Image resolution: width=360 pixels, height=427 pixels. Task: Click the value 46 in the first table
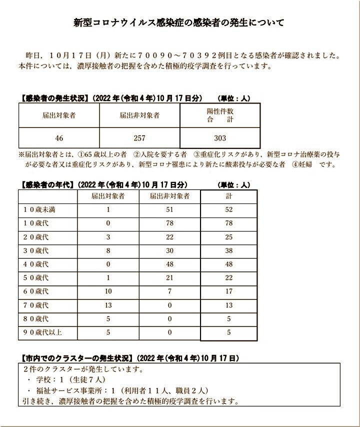(x=59, y=138)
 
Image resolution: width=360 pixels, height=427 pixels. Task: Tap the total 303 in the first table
(x=220, y=138)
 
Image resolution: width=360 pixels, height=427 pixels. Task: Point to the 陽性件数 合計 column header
(x=220, y=115)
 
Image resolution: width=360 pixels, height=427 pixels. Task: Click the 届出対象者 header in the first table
(x=59, y=115)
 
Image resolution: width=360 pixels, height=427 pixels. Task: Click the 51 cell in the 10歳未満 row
(x=169, y=210)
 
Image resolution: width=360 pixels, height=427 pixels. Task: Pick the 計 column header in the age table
(x=228, y=196)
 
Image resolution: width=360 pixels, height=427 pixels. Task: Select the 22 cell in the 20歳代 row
(x=169, y=237)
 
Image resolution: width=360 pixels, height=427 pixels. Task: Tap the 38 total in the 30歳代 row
(x=228, y=250)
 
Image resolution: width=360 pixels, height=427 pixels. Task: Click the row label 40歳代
(x=36, y=264)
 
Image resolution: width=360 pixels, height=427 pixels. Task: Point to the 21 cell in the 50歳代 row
(x=169, y=277)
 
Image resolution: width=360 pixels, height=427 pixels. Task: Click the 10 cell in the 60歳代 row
(x=108, y=291)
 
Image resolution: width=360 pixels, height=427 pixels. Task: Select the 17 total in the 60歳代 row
(x=228, y=291)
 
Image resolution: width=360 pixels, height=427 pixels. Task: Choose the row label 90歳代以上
(x=42, y=331)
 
